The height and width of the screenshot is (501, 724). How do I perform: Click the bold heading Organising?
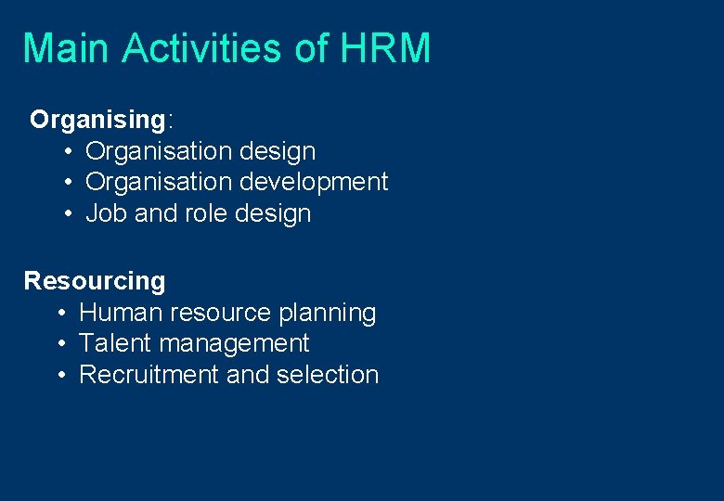point(97,120)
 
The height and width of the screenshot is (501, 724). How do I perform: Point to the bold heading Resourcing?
point(95,280)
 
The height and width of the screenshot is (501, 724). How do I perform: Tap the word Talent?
point(116,343)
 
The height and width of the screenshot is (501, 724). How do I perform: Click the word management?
point(234,344)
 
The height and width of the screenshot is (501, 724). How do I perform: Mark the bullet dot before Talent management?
point(61,344)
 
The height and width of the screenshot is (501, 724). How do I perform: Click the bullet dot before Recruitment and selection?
point(61,376)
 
